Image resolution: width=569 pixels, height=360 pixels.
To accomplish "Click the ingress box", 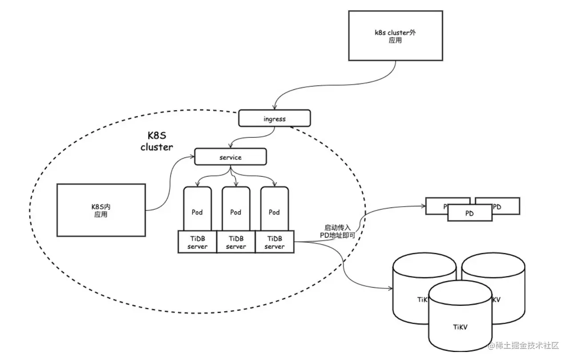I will [x=274, y=119].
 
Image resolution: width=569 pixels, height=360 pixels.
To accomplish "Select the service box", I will [x=230, y=157].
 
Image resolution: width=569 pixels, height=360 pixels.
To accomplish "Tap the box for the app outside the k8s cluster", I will [x=395, y=36].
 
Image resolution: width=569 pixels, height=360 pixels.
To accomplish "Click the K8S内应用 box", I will [x=101, y=211].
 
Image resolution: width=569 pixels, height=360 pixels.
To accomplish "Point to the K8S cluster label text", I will [x=156, y=141].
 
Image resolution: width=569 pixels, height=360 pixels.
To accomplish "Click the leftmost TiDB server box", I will [x=197, y=242].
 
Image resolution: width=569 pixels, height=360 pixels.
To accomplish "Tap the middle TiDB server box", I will [x=236, y=242].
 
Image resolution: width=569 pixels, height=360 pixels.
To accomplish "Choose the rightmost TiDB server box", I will [x=274, y=242].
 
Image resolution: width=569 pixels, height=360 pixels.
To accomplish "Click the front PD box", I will [x=469, y=213].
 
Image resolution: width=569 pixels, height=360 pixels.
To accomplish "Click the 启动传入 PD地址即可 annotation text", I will [x=338, y=231].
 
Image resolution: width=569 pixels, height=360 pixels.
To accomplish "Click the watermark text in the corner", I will [x=523, y=346].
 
